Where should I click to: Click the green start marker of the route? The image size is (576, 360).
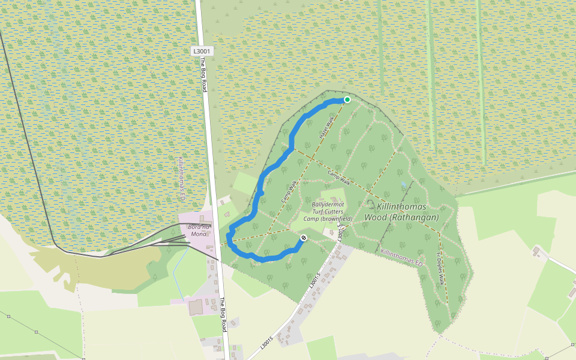coord(347,100)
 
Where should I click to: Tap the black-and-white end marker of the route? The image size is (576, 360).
coord(304,238)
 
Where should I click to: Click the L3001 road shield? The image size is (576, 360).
coord(202,52)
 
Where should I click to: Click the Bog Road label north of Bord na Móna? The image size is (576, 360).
coord(203,75)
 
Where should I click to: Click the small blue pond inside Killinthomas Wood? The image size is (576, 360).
coord(404,184)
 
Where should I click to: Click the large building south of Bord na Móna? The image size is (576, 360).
coord(196,308)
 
